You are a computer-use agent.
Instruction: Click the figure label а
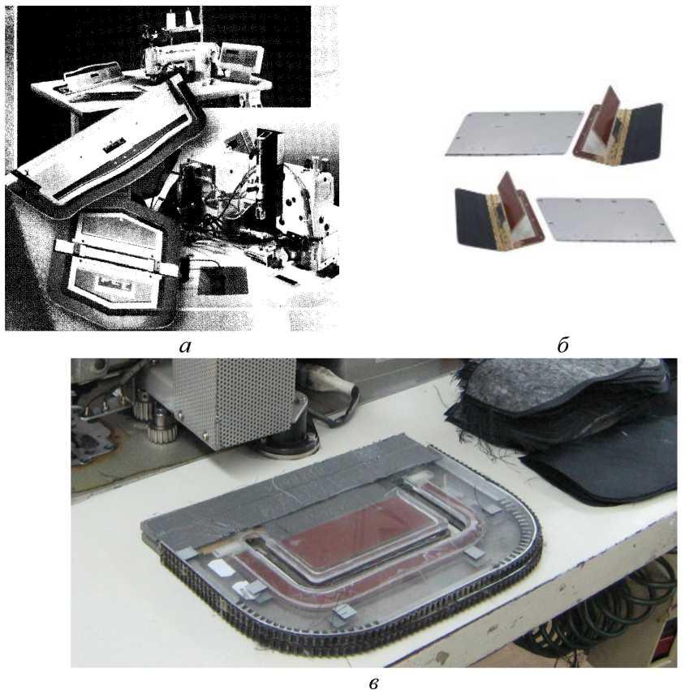pyautogui.click(x=185, y=347)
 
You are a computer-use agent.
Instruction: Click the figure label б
pyautogui.click(x=562, y=345)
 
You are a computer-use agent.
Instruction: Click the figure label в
pyautogui.click(x=373, y=683)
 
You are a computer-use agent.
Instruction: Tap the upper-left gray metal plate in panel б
pyautogui.click(x=514, y=133)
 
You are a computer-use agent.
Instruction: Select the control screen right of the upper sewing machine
pyautogui.click(x=241, y=58)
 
